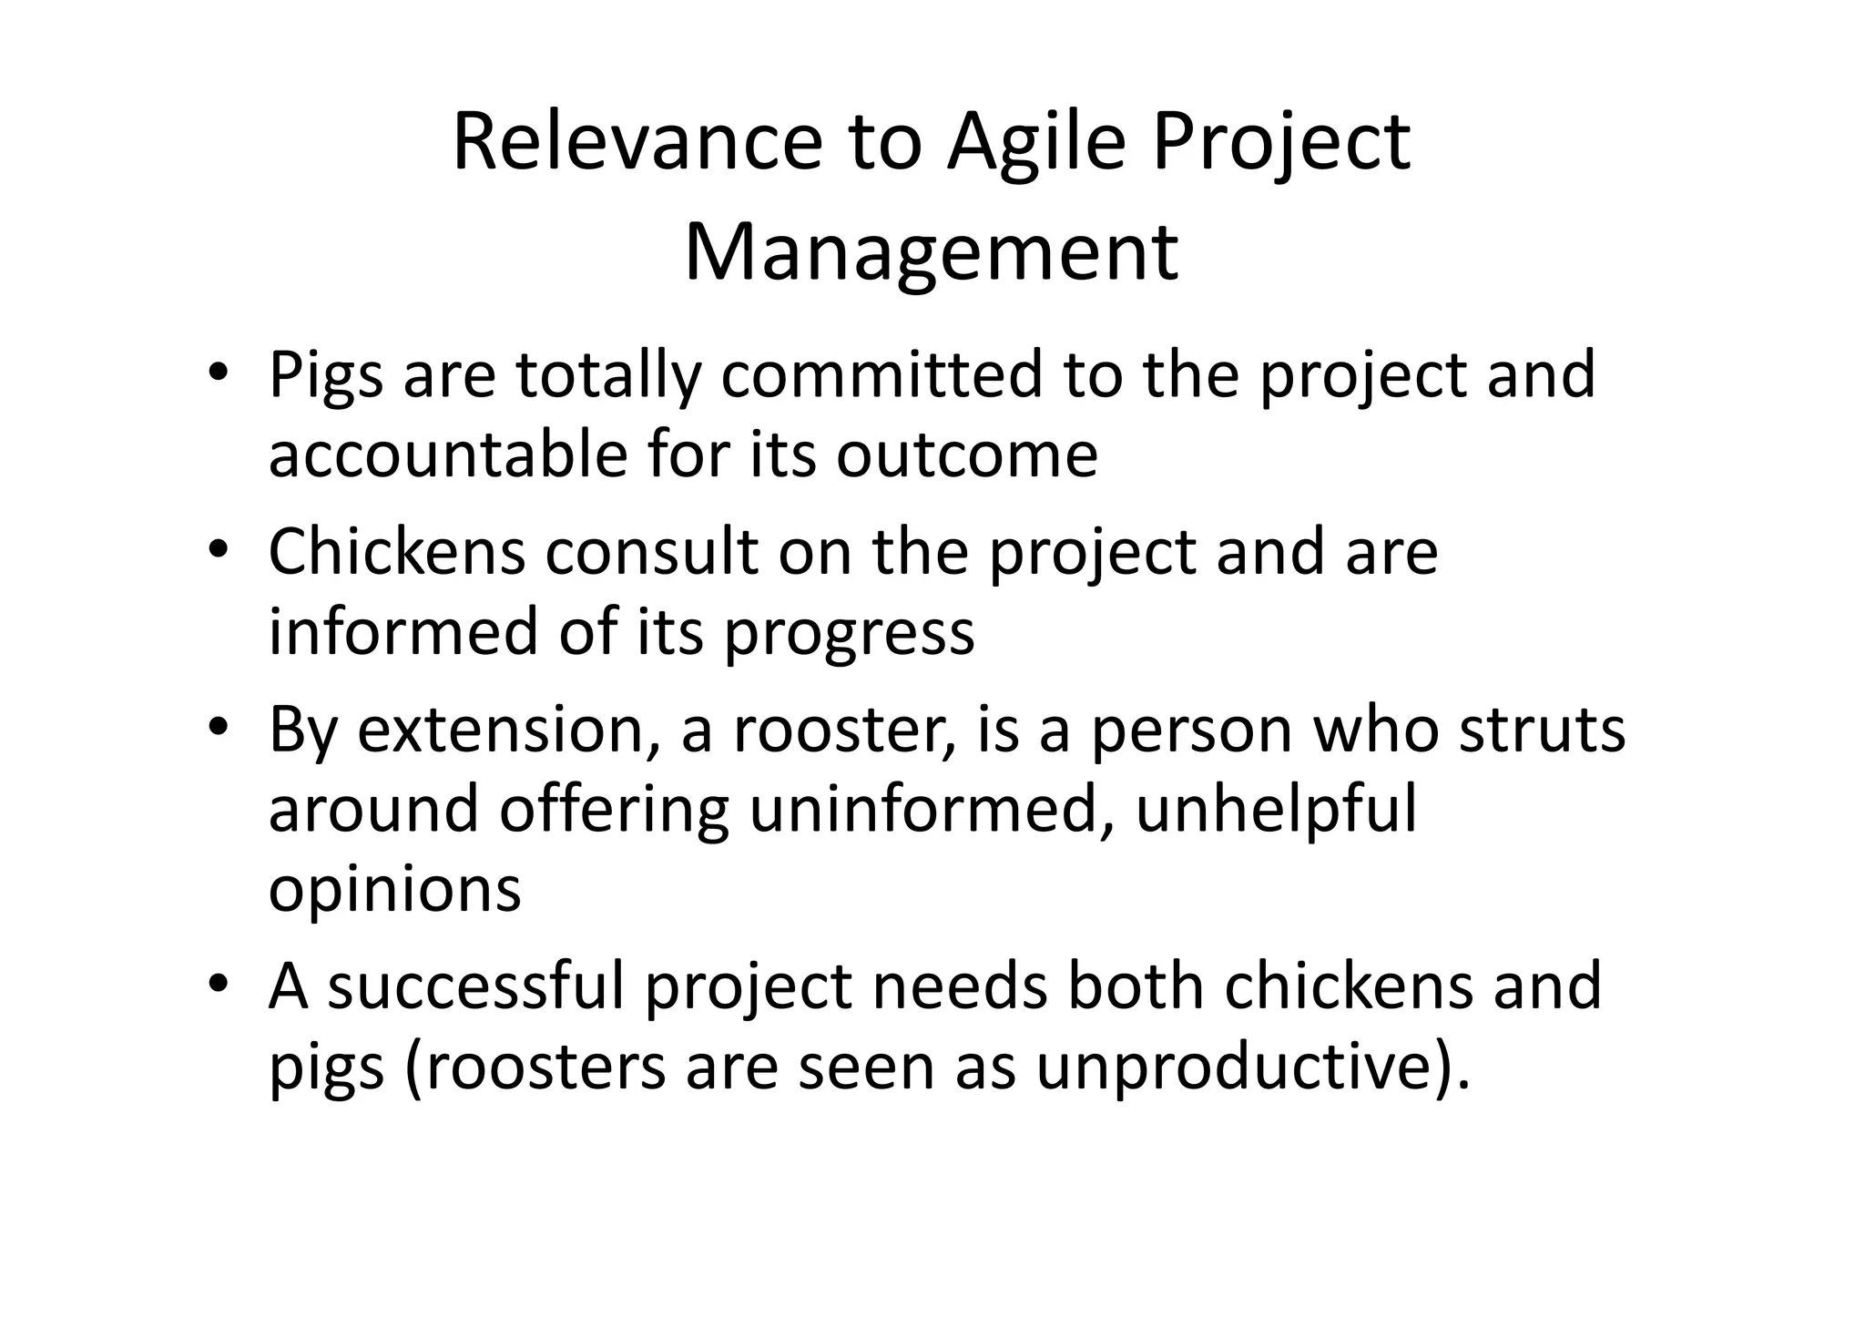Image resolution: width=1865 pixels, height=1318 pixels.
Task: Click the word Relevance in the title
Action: pyautogui.click(x=637, y=142)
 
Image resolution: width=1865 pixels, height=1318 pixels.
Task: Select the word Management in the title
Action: pyautogui.click(x=931, y=251)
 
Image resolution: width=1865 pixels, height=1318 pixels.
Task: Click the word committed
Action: pyautogui.click(x=881, y=374)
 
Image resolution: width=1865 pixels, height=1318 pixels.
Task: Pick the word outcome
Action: pyautogui.click(x=966, y=455)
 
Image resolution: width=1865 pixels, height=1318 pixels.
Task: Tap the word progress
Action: pyautogui.click(x=849, y=632)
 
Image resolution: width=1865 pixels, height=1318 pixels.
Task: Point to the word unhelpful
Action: pyautogui.click(x=1276, y=810)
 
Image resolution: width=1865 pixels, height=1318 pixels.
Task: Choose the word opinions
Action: pyautogui.click(x=394, y=890)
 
